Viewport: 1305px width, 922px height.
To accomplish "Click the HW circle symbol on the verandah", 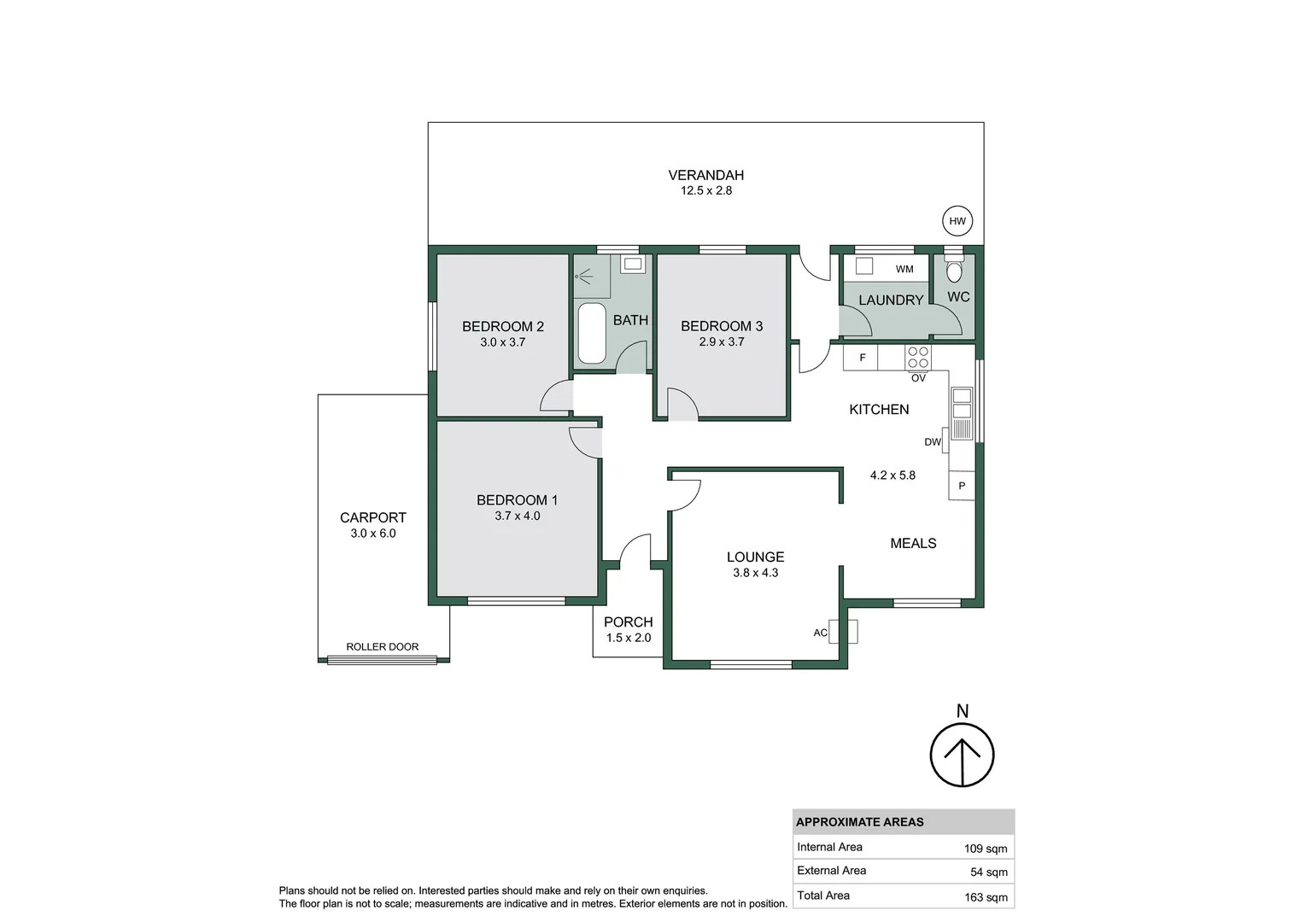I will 957,221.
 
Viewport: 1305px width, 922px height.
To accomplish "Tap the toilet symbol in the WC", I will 954,270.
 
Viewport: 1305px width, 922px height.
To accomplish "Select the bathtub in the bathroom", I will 592,333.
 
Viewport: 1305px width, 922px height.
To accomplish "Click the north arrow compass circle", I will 963,755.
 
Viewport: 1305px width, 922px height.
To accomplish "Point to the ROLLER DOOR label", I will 382,647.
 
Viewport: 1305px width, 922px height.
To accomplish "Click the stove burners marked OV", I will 918,358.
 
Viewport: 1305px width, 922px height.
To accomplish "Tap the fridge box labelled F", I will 861,358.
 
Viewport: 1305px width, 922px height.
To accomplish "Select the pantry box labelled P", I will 962,486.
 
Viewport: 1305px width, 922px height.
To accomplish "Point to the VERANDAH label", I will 705,175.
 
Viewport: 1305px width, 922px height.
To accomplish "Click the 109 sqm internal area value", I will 985,849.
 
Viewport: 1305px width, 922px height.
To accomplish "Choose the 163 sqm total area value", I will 985,897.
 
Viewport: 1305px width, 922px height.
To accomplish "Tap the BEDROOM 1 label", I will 517,500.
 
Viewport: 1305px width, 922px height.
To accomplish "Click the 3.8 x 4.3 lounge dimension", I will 755,573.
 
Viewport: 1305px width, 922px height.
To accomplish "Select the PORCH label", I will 628,622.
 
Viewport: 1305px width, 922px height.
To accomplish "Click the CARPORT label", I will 372,517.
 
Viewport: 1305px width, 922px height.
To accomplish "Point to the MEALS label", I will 913,543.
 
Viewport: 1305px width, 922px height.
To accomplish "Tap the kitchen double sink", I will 962,403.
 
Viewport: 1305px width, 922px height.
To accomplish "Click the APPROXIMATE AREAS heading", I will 859,822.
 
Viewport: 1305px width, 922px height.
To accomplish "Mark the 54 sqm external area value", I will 988,872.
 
